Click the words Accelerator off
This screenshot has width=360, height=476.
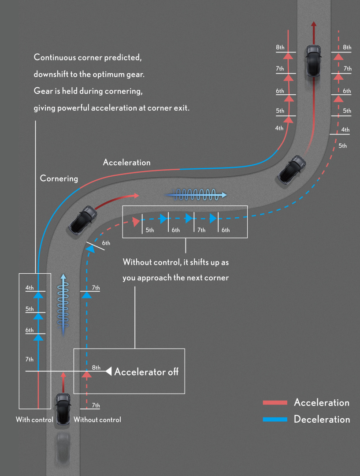[x=146, y=372]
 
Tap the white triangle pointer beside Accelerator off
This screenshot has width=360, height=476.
[x=108, y=372]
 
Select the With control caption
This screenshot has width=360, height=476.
[x=34, y=420]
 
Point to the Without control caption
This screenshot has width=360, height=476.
[x=97, y=420]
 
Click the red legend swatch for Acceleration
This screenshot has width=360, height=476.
[x=275, y=403]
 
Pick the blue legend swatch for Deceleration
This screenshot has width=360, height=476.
[x=275, y=420]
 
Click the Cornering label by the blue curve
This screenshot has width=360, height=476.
[x=59, y=178]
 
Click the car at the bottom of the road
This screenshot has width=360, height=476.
[x=63, y=409]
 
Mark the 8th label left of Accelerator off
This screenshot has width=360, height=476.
[x=96, y=368]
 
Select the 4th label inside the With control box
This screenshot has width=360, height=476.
[x=30, y=288]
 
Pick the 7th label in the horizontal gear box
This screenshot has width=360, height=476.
[x=201, y=230]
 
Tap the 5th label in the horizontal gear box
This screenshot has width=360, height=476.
[x=150, y=230]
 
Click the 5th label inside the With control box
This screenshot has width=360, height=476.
[x=30, y=309]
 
